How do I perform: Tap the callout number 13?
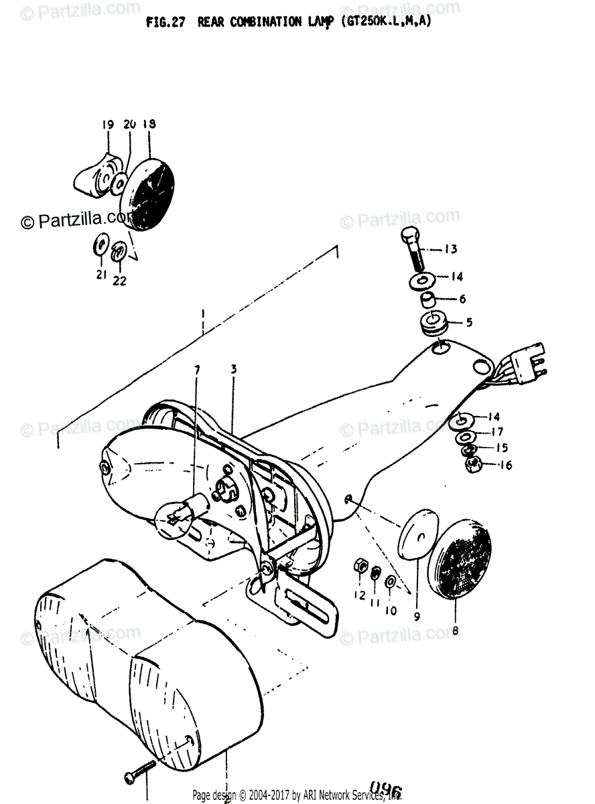(x=450, y=249)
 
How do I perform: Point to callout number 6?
(x=462, y=299)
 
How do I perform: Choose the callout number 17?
(x=497, y=432)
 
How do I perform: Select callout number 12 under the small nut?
(x=360, y=596)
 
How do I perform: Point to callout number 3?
(x=233, y=369)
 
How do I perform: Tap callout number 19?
(x=109, y=124)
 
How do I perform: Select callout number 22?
(x=119, y=281)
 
